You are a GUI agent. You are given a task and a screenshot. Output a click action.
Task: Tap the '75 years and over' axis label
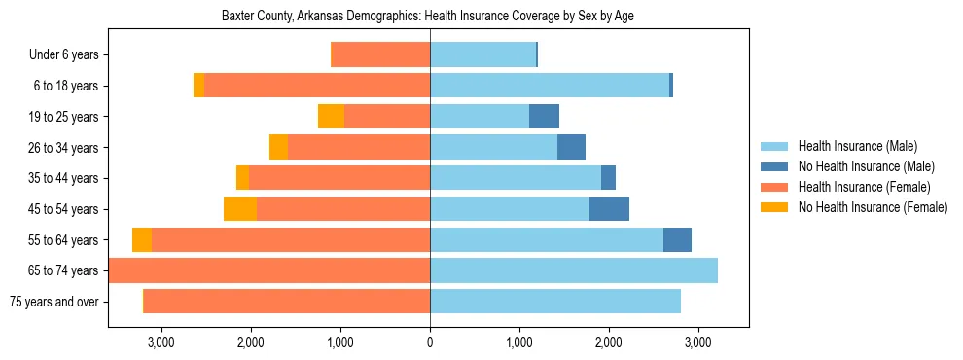point(54,302)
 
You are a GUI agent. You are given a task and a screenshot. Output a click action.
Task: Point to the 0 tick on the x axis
point(430,342)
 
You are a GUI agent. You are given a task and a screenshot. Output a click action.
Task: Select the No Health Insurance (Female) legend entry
point(873,207)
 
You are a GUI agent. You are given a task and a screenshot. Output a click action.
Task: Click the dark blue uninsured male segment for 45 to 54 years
point(609,209)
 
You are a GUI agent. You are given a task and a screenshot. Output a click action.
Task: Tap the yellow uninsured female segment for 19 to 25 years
point(331,117)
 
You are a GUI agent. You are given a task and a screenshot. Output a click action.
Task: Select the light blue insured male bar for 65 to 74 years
point(574,270)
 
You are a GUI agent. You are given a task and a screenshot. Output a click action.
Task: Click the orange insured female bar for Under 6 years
point(381,55)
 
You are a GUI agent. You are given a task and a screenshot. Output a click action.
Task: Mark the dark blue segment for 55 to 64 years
point(677,240)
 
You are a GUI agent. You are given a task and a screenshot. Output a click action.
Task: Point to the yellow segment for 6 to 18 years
point(199,86)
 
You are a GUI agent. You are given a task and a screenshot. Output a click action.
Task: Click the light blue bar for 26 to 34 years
point(493,148)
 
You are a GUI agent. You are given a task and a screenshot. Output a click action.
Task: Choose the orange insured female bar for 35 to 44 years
point(339,178)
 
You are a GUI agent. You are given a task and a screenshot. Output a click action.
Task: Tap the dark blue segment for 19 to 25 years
point(544,117)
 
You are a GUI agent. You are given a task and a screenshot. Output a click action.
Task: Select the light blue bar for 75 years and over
point(555,302)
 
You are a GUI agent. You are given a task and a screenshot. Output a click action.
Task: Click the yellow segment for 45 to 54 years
point(240,209)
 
